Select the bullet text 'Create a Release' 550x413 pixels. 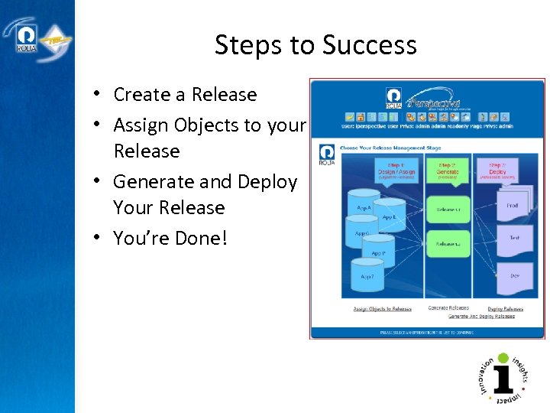point(185,95)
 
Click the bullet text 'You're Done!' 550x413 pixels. point(170,239)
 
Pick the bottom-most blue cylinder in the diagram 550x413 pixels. point(367,276)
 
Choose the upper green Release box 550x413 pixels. point(448,208)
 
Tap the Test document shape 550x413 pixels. point(514,239)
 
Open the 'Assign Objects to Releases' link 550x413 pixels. point(382,309)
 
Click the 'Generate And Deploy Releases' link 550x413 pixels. point(481,316)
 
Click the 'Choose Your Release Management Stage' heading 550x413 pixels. point(390,148)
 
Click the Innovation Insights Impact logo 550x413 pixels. point(503,378)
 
